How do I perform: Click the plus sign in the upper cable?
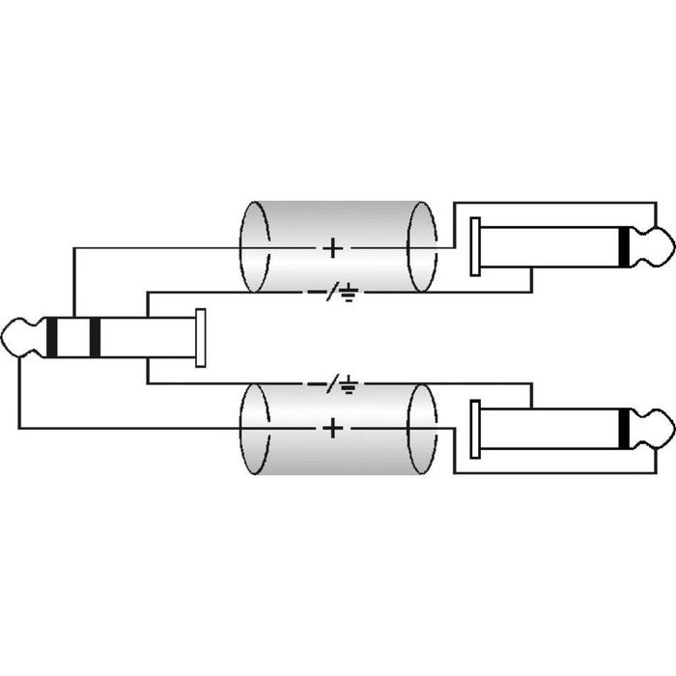[333, 248]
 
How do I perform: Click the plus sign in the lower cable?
[333, 429]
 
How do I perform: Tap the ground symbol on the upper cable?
[349, 293]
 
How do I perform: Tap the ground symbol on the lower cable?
[349, 384]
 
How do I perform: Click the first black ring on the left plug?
[52, 338]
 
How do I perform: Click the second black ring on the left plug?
[95, 338]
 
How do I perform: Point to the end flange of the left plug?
[201, 338]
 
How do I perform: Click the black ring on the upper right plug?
[624, 247]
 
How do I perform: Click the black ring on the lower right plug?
[624, 429]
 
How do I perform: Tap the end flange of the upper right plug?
[475, 246]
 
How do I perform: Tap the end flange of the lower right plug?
[475, 429]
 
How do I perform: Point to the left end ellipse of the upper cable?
[255, 246]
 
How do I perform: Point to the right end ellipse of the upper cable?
[422, 246]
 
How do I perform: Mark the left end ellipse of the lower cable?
[255, 430]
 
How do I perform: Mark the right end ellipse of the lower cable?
[422, 430]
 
